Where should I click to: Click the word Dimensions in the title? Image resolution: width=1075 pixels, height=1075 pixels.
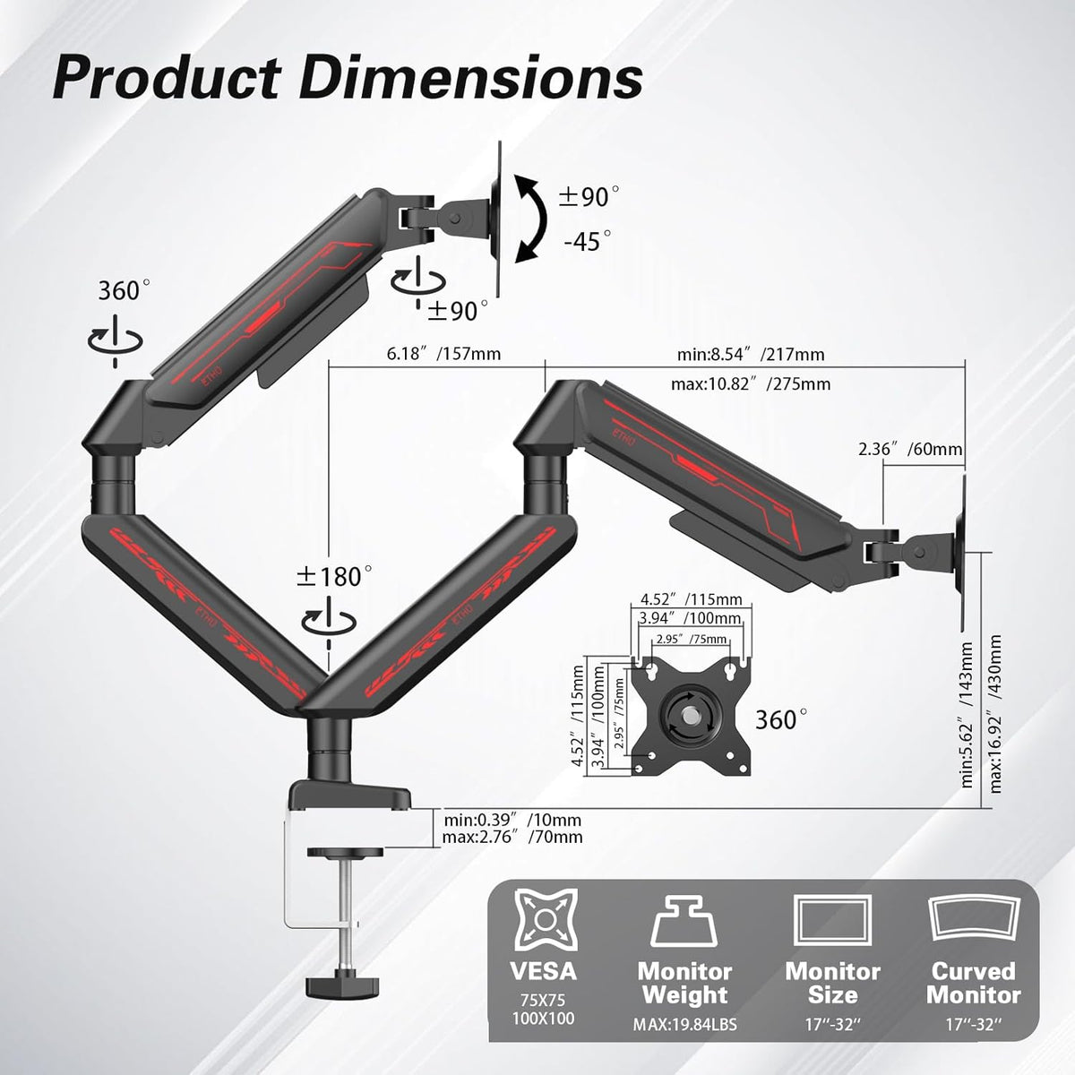click(471, 78)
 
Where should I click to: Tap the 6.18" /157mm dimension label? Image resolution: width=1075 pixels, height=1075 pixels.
click(443, 354)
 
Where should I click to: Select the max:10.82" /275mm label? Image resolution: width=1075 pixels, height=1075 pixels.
click(751, 383)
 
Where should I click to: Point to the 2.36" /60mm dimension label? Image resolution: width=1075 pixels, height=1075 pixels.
click(909, 449)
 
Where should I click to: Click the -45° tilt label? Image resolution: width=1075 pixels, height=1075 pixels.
click(587, 242)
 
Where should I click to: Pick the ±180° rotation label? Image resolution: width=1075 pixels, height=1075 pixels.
click(333, 577)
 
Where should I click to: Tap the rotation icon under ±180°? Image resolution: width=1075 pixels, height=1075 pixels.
click(329, 622)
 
